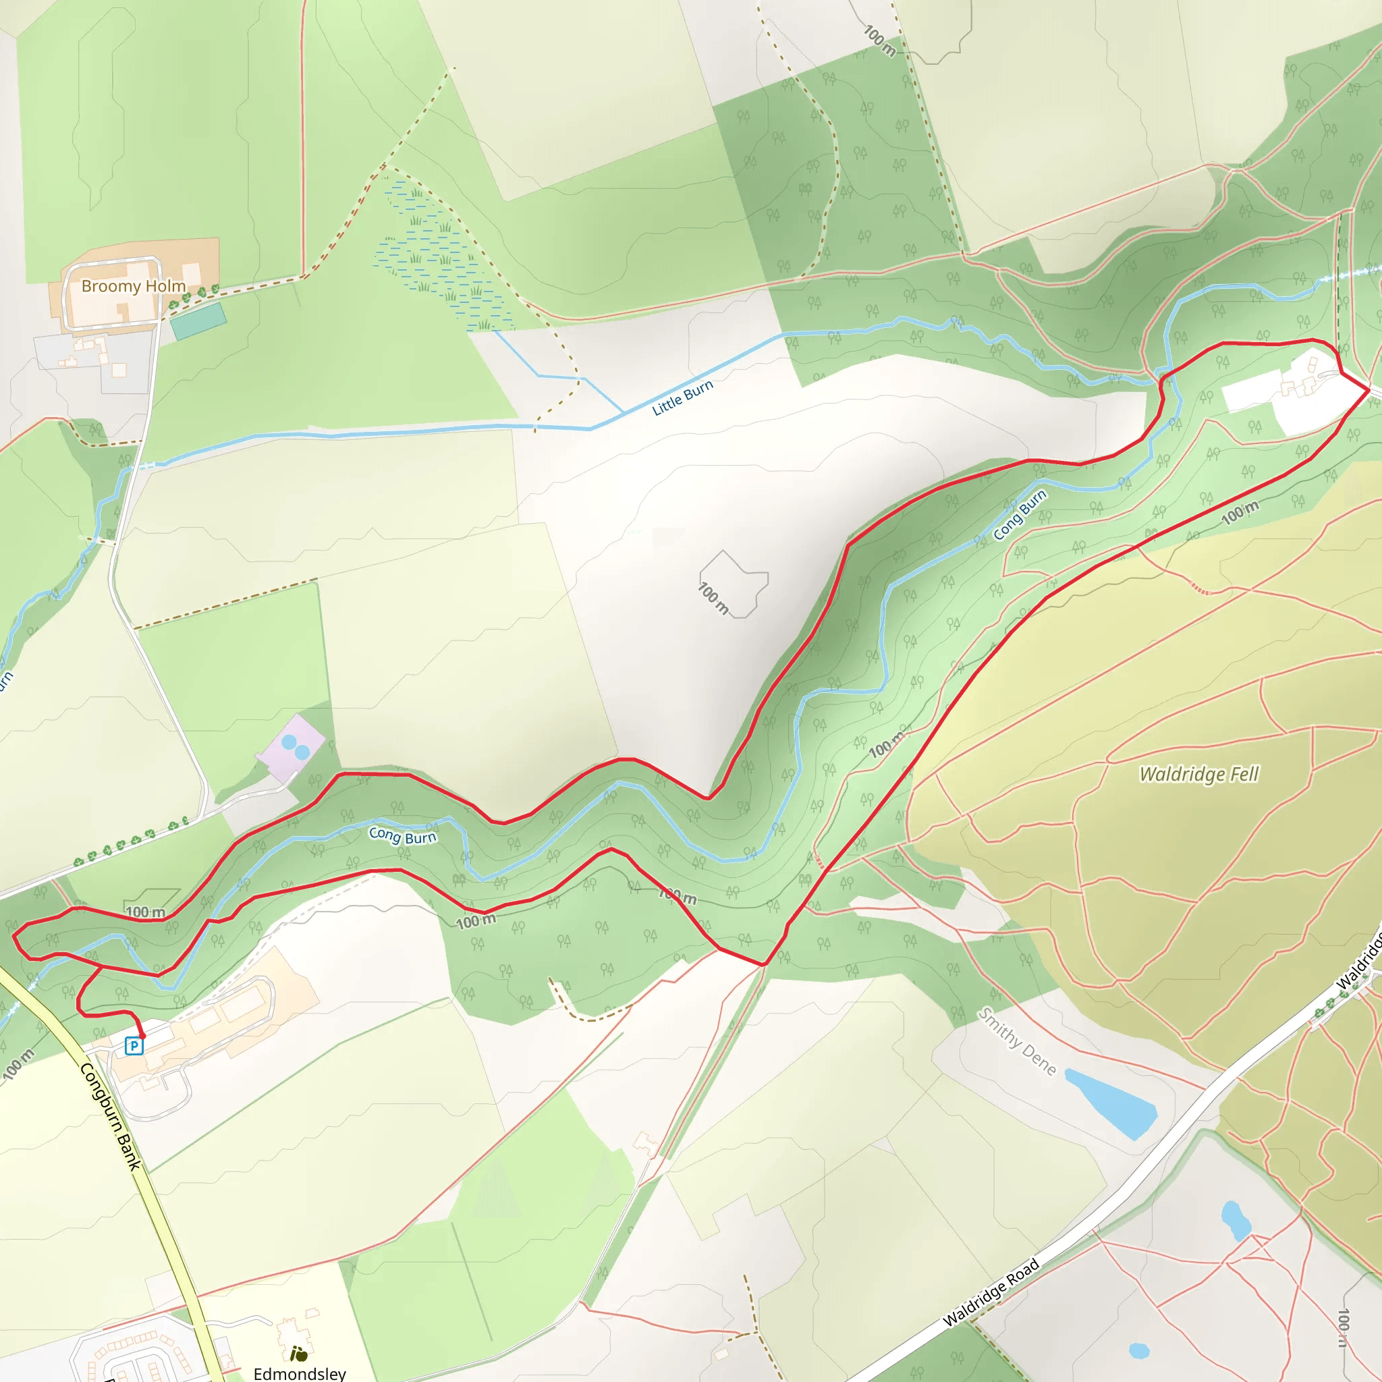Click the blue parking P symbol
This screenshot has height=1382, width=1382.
[x=134, y=1046]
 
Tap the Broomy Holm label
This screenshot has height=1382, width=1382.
[x=133, y=286]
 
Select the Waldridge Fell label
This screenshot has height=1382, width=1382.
[x=1198, y=774]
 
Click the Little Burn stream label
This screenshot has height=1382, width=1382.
[x=682, y=397]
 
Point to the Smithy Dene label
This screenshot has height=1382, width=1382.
[x=1016, y=1041]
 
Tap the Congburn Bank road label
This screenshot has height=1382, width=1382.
[x=110, y=1117]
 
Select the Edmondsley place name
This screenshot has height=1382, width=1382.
[x=300, y=1373]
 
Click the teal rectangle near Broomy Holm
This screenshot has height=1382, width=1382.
[x=198, y=321]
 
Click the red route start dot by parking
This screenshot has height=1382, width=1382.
[x=142, y=1035]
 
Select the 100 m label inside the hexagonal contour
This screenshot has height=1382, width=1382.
[x=713, y=598]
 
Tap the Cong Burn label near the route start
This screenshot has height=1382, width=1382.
[x=402, y=835]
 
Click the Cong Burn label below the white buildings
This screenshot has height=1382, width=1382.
[x=1020, y=515]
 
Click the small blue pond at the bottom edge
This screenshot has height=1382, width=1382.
[x=1139, y=1350]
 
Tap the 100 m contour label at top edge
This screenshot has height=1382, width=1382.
[x=879, y=40]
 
